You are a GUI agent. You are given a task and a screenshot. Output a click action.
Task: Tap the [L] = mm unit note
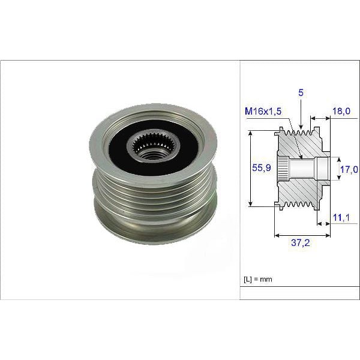(257, 280)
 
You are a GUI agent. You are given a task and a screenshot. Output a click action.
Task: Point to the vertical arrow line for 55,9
(250, 169)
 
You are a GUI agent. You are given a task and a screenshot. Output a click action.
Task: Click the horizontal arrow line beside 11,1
(324, 223)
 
